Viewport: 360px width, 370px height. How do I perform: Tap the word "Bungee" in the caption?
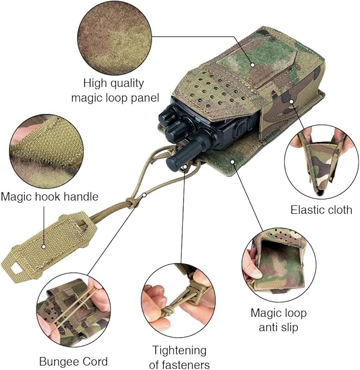[x=56, y=362]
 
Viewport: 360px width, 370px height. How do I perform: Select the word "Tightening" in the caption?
[x=179, y=351]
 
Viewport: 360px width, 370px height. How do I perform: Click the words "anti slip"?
[x=278, y=328]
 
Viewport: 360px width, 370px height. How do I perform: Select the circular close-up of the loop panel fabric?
[x=115, y=38]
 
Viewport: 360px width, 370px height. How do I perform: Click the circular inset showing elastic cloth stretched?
[x=321, y=162]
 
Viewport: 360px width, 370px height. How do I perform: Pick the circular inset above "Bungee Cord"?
[x=74, y=310]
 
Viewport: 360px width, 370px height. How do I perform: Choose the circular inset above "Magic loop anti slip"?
[x=279, y=265]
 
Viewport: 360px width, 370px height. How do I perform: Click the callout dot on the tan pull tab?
[x=43, y=247]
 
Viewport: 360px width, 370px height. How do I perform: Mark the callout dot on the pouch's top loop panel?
[x=252, y=65]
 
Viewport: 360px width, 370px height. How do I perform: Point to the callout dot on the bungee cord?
[x=144, y=195]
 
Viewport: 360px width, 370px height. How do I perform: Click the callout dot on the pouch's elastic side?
[x=292, y=101]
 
